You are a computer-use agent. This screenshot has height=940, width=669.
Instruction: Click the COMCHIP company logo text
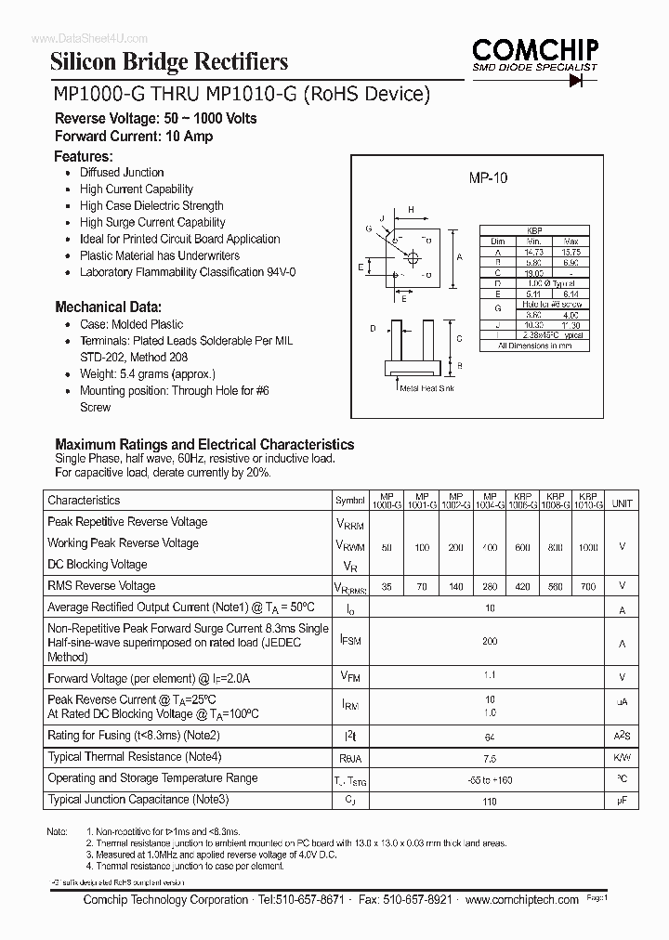tap(536, 49)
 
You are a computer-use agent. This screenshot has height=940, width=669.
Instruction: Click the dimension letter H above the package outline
tap(413, 210)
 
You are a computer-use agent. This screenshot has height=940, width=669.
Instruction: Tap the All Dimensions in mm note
tap(534, 346)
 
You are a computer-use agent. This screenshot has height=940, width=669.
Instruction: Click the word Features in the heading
tap(84, 156)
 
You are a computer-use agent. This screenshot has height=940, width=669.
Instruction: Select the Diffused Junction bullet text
tap(122, 173)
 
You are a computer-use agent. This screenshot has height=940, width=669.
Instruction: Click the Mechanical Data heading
tap(109, 307)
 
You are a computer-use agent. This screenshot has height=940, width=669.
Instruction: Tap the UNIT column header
tap(622, 503)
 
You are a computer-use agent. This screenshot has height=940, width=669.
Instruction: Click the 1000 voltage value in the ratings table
tap(587, 548)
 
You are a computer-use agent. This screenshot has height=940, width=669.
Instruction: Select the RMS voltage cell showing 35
tap(386, 587)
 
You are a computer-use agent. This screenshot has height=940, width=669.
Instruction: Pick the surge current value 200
tap(490, 641)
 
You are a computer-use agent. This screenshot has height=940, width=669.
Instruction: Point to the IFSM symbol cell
tap(350, 641)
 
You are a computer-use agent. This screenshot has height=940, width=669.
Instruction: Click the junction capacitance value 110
tap(490, 800)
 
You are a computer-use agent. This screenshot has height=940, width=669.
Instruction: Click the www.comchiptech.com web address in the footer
tap(521, 900)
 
